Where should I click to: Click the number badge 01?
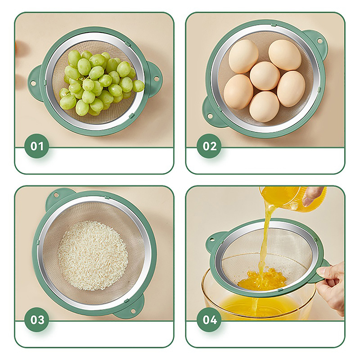tap(37, 146)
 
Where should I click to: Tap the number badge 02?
tap(209, 146)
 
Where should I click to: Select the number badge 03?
tap(37, 319)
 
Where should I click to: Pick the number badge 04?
tap(209, 319)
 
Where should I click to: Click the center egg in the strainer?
tap(265, 76)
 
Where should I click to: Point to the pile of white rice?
tap(93, 255)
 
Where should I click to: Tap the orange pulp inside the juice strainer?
tap(262, 279)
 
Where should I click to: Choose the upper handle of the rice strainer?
tap(58, 197)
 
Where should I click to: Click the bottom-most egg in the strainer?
tap(264, 107)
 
